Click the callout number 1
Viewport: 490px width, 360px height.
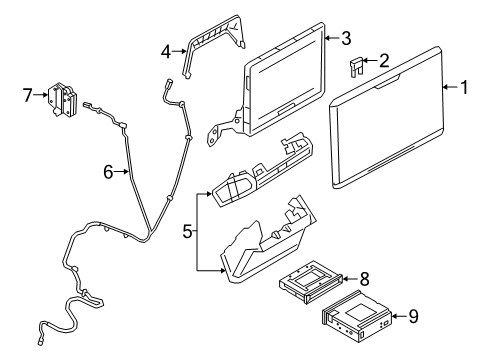click(x=464, y=87)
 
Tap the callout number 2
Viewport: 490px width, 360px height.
click(x=384, y=61)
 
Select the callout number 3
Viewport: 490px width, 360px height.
click(x=346, y=38)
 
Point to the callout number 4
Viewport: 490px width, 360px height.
click(x=166, y=52)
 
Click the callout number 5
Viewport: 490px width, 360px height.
click(x=188, y=231)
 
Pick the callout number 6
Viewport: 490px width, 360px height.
click(x=108, y=172)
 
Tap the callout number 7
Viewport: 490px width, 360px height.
click(x=28, y=95)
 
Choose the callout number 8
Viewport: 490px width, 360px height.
click(x=364, y=279)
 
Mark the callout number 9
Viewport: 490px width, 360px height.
click(x=413, y=316)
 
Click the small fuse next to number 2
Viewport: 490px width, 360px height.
click(x=355, y=67)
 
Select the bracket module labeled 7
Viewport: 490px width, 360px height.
click(x=62, y=99)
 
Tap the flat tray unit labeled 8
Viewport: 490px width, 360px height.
click(x=311, y=282)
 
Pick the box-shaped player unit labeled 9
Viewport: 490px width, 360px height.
click(x=357, y=316)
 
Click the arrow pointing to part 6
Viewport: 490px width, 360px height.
click(x=121, y=172)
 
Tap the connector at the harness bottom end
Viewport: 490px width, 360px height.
click(x=41, y=341)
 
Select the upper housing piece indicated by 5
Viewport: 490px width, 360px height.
click(x=262, y=171)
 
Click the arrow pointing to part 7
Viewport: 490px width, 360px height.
click(x=41, y=95)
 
